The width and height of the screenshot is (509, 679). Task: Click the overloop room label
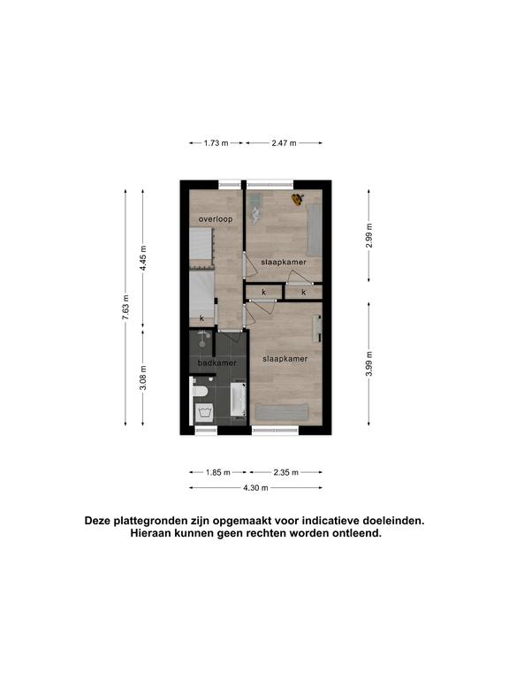tap(216, 219)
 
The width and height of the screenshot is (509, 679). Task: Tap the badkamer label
tap(217, 362)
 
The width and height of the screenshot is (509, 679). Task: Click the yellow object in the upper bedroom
tap(297, 199)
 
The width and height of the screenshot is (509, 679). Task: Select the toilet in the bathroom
tap(200, 391)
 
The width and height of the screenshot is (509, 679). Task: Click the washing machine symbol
tap(204, 413)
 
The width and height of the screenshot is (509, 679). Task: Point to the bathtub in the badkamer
tap(238, 399)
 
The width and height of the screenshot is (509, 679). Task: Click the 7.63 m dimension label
tap(125, 308)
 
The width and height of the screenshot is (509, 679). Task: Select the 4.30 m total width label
tap(255, 488)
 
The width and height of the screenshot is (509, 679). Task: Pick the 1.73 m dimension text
tap(216, 143)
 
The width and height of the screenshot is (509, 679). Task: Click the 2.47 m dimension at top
tap(284, 143)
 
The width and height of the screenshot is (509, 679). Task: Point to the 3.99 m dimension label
tap(368, 363)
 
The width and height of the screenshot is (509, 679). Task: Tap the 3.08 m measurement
tap(143, 378)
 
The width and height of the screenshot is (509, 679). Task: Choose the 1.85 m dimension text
tap(217, 472)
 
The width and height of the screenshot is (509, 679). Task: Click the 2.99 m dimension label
tap(368, 235)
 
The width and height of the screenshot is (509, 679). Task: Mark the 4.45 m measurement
tap(143, 258)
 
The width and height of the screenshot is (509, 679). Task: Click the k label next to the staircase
tap(201, 318)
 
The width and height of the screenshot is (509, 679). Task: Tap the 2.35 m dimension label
tap(285, 472)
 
